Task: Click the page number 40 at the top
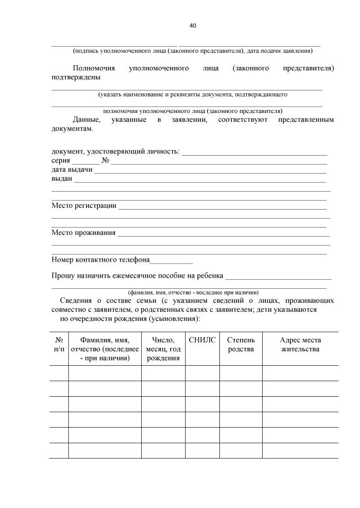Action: (x=193, y=25)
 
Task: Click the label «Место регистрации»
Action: (x=84, y=205)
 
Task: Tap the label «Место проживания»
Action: (x=83, y=232)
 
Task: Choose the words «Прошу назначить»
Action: (x=80, y=276)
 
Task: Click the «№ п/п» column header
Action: (x=58, y=345)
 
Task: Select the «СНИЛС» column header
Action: (x=202, y=340)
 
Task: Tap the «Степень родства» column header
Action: (x=240, y=345)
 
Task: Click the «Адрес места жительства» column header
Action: (x=300, y=345)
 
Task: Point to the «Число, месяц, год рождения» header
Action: (x=163, y=349)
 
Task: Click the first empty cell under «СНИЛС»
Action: (x=202, y=373)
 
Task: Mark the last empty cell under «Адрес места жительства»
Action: (x=300, y=451)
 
